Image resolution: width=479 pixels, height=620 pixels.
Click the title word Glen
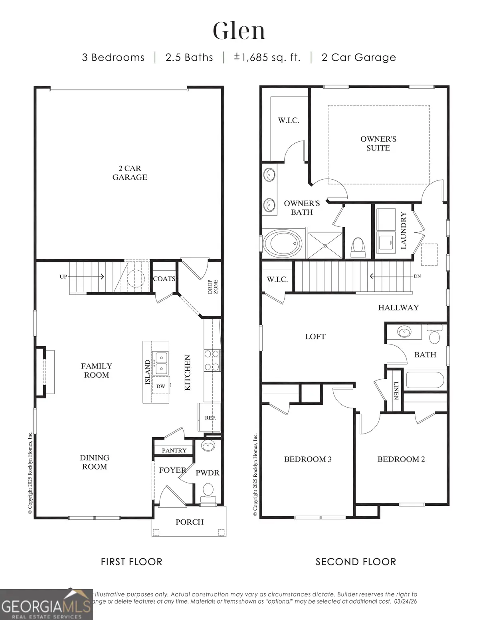pos(239,31)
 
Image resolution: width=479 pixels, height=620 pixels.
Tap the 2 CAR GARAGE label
pos(130,173)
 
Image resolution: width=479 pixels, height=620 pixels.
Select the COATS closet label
pos(164,279)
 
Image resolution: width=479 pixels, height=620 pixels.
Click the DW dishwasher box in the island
pos(160,386)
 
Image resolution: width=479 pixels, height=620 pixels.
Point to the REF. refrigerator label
pos(210,418)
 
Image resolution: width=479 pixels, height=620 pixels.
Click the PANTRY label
pos(174,450)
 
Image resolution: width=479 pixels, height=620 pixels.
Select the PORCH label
pos(190,522)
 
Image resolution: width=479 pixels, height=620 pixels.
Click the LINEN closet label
pos(396,390)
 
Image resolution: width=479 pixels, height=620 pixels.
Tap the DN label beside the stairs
pos(417,276)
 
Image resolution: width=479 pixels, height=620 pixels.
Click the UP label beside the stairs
pos(63,276)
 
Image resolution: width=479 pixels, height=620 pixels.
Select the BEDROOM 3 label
pos(308,459)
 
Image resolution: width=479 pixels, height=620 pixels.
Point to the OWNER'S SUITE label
pos(378,143)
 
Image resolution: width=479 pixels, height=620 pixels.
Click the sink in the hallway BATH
pos(404,331)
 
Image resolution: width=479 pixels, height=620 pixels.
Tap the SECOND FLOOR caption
pos(356,562)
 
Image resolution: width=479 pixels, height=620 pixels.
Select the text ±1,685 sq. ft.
pos(267,57)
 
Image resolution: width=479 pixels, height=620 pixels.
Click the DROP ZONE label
pos(213,287)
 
